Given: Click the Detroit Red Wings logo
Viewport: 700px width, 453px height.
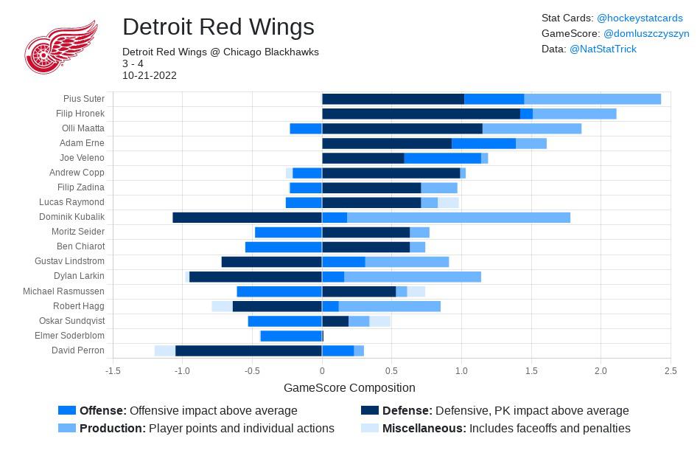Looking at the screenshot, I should (61, 47).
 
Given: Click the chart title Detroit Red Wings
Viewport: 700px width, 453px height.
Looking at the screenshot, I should (218, 27).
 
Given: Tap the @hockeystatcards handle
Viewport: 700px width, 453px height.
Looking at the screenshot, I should (640, 18).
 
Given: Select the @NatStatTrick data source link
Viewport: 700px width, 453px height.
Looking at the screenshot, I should (603, 49).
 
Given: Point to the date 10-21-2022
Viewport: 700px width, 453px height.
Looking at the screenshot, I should (150, 75).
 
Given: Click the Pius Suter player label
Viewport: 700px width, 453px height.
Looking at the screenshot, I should (84, 99).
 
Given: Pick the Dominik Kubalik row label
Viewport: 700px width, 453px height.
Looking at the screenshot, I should (72, 217).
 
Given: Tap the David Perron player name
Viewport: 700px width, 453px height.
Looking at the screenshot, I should (78, 350).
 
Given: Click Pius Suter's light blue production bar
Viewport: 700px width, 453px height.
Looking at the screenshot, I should (592, 99).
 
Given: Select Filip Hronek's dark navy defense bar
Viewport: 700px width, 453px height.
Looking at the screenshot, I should (421, 114).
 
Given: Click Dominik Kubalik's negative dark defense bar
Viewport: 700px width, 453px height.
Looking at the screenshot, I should (247, 217).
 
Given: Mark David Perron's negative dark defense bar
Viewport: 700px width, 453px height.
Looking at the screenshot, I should (248, 350).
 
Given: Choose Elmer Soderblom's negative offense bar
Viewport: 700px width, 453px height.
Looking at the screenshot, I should (291, 336).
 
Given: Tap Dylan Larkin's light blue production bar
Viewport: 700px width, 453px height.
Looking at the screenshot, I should (413, 276).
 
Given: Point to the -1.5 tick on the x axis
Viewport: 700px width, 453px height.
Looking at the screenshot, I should (113, 371).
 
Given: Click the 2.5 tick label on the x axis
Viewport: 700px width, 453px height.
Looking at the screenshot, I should (671, 371).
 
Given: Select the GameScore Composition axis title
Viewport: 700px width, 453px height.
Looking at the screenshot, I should (349, 388).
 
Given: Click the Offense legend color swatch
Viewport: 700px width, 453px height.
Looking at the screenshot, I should (67, 411).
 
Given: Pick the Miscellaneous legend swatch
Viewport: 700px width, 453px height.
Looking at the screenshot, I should (369, 428).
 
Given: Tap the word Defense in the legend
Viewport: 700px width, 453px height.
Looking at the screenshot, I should (407, 411).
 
